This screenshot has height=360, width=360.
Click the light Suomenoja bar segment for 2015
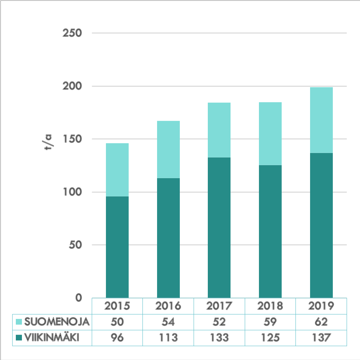pos(117,170)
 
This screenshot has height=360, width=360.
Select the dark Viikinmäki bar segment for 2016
pos(168,237)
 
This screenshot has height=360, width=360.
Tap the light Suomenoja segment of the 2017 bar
pos(219,130)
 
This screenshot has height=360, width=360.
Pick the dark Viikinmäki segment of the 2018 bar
pos(270,231)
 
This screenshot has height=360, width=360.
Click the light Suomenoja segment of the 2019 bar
pos(321,120)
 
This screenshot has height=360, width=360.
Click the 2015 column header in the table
pos(117,306)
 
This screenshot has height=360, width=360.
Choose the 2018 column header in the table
pos(270,306)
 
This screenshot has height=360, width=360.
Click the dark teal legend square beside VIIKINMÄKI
pos(19,337)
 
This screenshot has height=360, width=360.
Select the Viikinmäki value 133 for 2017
pos(219,337)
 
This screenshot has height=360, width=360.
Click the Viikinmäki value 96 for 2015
pos(117,337)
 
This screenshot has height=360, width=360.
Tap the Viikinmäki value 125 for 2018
pos(270,337)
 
